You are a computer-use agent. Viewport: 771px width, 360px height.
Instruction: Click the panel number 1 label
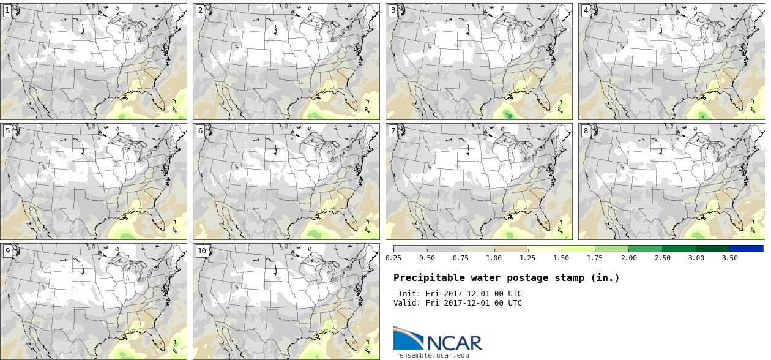click(7, 10)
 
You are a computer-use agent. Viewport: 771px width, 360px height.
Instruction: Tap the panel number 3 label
click(392, 10)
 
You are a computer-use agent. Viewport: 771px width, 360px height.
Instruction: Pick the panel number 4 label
click(586, 10)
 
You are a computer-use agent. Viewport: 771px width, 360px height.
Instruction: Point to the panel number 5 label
click(7, 130)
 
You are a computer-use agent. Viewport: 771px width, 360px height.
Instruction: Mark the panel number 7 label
click(392, 130)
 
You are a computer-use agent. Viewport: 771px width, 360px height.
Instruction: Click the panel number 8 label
click(586, 130)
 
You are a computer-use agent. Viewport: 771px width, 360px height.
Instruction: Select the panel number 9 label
click(7, 250)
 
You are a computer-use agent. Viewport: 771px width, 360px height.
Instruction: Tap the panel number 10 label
click(201, 250)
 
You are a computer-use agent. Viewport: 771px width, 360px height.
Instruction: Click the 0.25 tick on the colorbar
click(393, 258)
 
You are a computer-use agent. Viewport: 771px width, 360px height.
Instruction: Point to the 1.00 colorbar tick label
click(494, 258)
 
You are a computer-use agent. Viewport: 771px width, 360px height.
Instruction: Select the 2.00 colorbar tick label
click(628, 258)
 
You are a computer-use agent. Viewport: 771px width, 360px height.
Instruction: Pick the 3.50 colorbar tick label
click(729, 258)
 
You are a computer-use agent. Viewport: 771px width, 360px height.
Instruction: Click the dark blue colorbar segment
click(746, 249)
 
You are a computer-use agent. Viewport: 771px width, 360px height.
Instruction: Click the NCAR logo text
click(454, 342)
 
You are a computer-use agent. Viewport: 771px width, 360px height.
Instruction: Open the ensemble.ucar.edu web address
click(434, 354)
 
